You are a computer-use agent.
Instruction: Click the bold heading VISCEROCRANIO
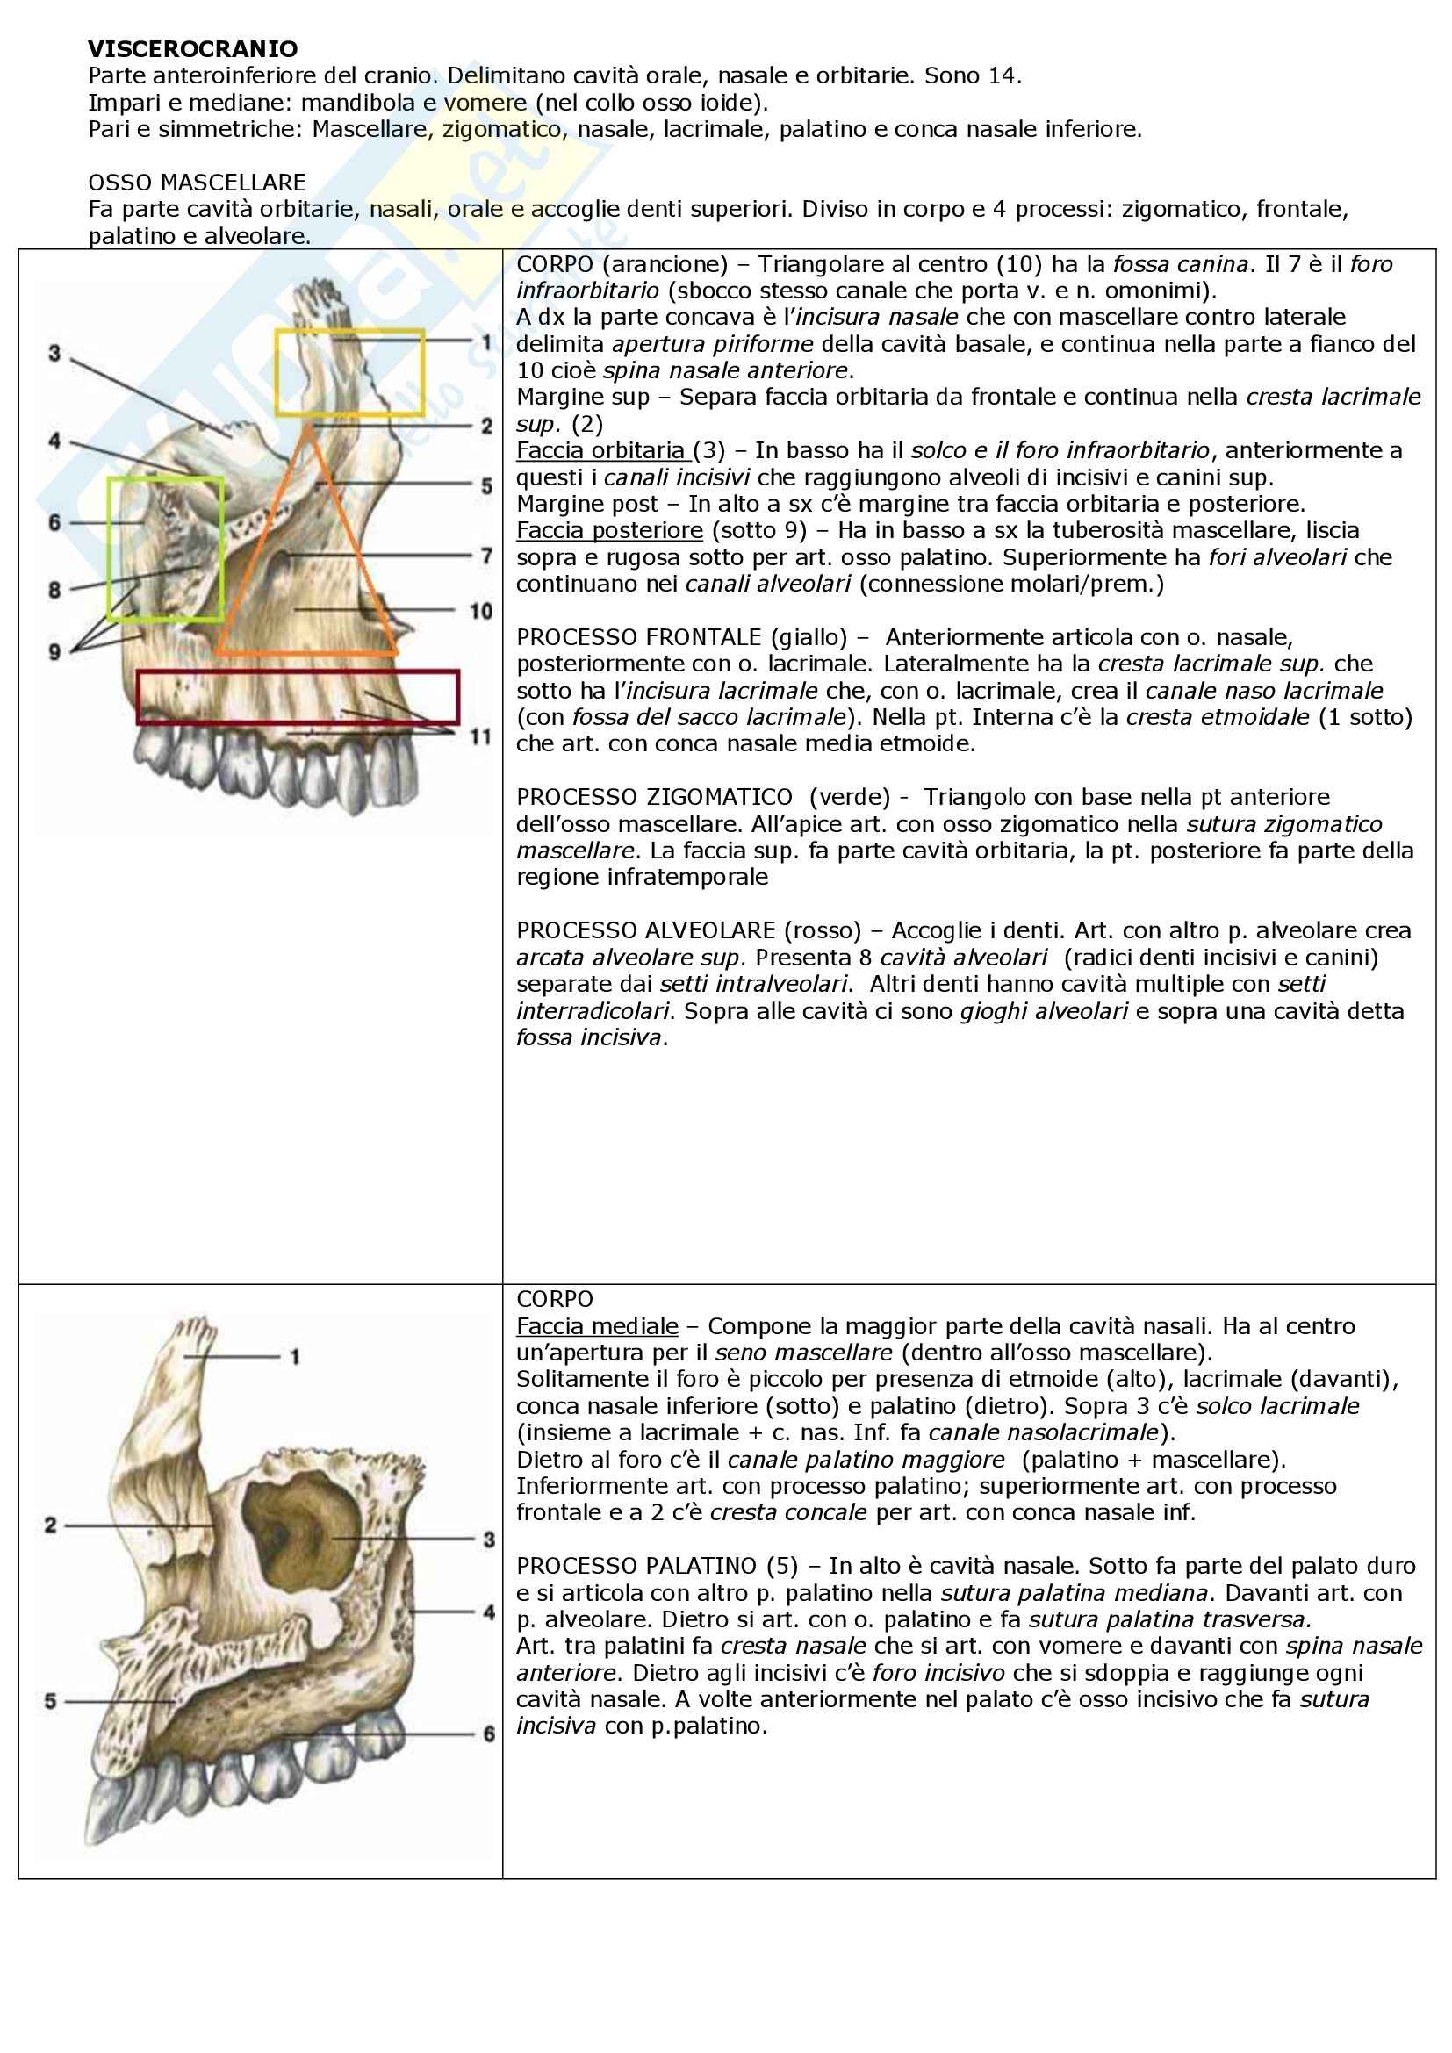pos(192,48)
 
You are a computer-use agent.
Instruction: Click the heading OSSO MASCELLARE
pos(197,183)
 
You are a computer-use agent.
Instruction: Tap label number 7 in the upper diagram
pos(486,556)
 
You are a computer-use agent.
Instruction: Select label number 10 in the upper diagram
pos(481,612)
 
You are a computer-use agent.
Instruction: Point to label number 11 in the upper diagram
pos(481,736)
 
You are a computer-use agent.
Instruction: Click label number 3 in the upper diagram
pos(54,354)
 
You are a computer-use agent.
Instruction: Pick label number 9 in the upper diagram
pos(54,652)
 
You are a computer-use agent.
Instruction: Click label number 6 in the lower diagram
pos(488,1734)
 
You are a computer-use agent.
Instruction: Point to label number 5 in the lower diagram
pos(51,1701)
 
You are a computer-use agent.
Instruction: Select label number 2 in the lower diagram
pos(51,1525)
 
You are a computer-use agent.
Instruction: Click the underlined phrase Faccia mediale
pos(596,1326)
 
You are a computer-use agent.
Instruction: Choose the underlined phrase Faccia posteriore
pos(609,530)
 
